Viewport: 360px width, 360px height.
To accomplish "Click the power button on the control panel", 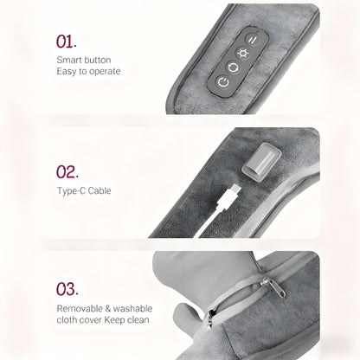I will (224, 83).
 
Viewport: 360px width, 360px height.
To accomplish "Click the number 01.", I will (67, 42).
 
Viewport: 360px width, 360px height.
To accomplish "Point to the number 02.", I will (67, 171).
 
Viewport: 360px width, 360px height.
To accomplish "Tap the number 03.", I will (67, 288).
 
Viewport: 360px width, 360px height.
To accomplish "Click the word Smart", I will (70, 59).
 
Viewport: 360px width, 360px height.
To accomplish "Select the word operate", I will (104, 71).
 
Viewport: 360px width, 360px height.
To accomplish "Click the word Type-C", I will (72, 190).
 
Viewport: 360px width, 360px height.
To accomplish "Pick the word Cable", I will (100, 190).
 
